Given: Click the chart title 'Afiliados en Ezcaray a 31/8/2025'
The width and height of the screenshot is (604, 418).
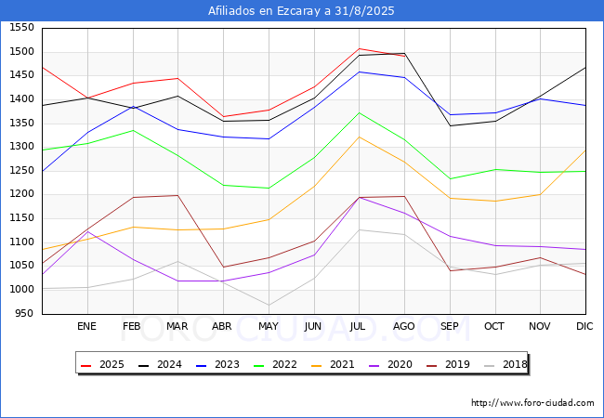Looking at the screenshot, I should pos(301,11).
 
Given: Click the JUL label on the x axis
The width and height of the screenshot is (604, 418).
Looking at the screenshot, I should pos(359,326).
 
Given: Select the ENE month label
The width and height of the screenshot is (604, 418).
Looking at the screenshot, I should pos(86,326).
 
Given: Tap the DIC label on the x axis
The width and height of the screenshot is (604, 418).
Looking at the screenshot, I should pos(585,326).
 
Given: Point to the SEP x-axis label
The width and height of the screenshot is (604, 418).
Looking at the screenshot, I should pos(450,326).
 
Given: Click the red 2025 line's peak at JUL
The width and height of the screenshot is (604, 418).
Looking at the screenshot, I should pos(359,48).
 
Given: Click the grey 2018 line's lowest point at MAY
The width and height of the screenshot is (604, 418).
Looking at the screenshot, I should pos(269,305).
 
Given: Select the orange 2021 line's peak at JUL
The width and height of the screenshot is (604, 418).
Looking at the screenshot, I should pos(359,137).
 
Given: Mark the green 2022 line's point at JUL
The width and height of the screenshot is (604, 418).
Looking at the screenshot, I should pos(359,112).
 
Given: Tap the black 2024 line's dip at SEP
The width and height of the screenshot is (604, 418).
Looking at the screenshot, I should pos(450,125).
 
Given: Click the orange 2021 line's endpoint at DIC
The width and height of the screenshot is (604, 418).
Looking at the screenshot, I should pos(585,150).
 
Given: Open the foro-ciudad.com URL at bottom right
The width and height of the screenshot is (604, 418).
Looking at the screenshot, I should pos(532,403).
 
